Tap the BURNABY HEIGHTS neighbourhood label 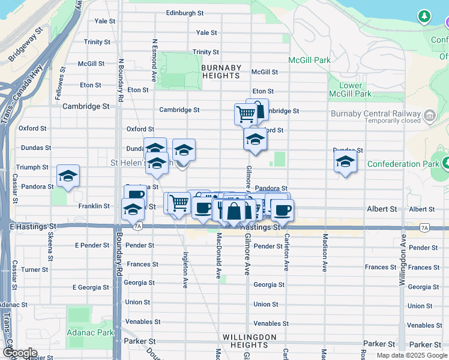[221, 72]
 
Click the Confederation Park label [402, 164]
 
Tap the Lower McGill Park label [351, 89]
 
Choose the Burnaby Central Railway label [375, 114]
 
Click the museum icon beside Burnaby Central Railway [430, 115]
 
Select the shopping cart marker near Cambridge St [246, 113]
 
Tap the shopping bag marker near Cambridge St [258, 109]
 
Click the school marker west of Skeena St [68, 176]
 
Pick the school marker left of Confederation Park [345, 161]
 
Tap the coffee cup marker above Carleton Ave [282, 209]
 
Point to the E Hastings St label [32, 227]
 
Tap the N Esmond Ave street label [154, 60]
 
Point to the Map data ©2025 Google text [411, 355]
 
